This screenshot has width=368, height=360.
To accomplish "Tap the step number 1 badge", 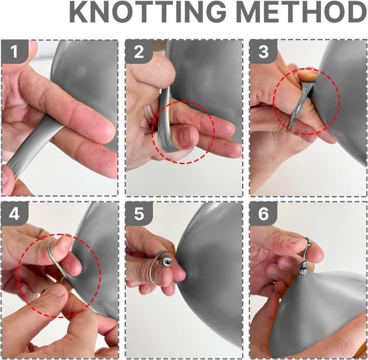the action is [x=15, y=52].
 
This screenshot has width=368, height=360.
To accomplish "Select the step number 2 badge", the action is [x=139, y=52].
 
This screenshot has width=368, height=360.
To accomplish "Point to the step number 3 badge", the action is [x=263, y=52].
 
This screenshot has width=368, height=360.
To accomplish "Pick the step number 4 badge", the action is [x=15, y=214].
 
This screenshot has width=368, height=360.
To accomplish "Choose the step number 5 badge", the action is [x=139, y=214].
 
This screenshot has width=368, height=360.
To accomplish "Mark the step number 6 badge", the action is [x=263, y=214].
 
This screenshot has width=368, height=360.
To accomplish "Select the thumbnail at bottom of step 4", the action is [x=55, y=293].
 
